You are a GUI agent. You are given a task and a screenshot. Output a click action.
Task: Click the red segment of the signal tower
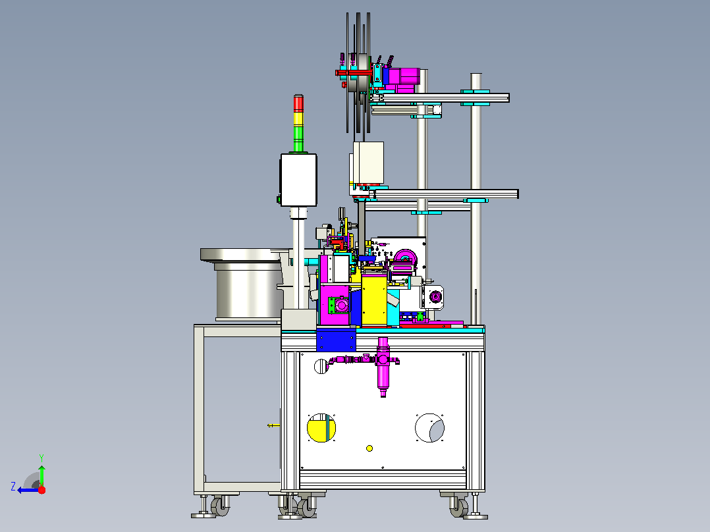pyautogui.click(x=298, y=103)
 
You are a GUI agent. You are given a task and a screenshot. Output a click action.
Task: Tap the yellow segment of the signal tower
pyautogui.click(x=298, y=119)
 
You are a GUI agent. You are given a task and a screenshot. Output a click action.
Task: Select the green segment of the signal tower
pyautogui.click(x=298, y=139)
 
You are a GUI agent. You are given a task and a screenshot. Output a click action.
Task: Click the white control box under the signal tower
pyautogui.click(x=298, y=180)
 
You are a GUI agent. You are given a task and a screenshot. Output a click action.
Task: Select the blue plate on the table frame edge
pyautogui.click(x=336, y=340)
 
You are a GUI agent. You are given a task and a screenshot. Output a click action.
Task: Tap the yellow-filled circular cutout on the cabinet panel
pyautogui.click(x=321, y=428)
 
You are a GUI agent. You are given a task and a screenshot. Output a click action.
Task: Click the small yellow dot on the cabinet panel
pyautogui.click(x=369, y=448)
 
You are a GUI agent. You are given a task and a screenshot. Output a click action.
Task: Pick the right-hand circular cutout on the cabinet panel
pyautogui.click(x=429, y=428)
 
